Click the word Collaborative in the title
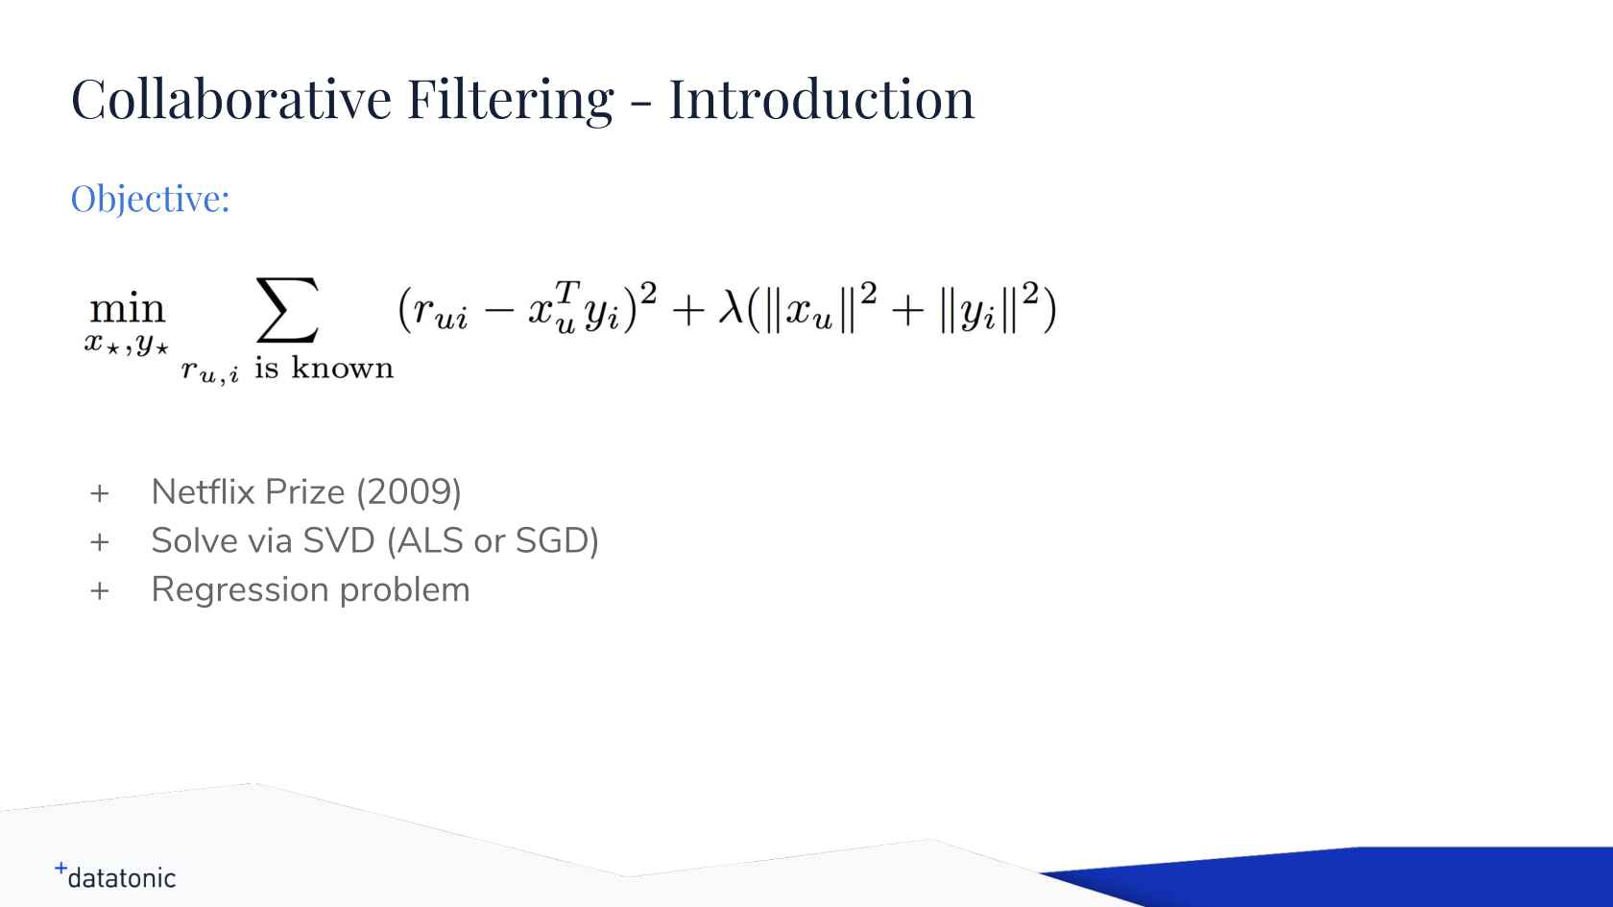point(231,99)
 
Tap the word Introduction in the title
point(822,99)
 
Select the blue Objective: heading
point(150,199)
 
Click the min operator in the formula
point(128,309)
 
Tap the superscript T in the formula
point(567,292)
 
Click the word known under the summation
point(342,368)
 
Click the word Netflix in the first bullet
point(203,492)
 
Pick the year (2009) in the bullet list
point(409,493)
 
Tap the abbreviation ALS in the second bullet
point(424,541)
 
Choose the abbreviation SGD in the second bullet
point(557,541)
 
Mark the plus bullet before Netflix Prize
point(100,493)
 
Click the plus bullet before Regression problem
point(100,591)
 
